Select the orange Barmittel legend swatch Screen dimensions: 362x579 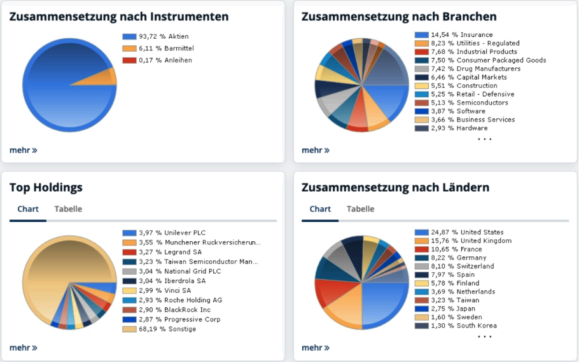[x=129, y=48]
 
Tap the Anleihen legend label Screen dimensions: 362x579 [x=174, y=60]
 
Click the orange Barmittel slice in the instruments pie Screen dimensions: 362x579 [x=102, y=78]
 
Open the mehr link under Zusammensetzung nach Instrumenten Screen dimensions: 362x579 [x=23, y=150]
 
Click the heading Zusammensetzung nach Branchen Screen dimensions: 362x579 [x=399, y=17]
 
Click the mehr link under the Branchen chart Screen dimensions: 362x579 [x=315, y=150]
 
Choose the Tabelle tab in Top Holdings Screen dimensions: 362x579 [x=68, y=209]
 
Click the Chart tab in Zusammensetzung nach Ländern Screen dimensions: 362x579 [x=320, y=209]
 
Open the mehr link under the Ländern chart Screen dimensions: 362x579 [x=315, y=347]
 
